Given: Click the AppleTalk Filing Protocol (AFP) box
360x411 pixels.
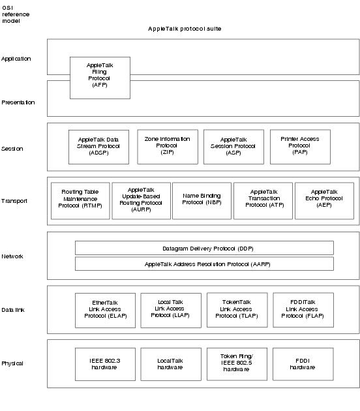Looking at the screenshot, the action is pos(100,78).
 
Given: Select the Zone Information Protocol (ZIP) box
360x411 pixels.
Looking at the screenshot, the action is pos(168,147).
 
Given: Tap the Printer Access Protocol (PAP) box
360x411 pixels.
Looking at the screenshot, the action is pos(300,147).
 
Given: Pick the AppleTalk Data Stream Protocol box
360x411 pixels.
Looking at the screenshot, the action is pos(98,147).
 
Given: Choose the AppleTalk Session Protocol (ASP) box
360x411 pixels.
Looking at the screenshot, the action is pos(233,147).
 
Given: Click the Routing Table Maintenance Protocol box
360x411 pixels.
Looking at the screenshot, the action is pos(80,201).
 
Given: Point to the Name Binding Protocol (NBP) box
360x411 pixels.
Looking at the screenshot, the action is pos(202,201).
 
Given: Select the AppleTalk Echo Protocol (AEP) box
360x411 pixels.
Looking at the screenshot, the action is pos(324,201).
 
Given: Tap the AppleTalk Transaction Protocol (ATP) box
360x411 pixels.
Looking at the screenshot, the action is pos(263,201).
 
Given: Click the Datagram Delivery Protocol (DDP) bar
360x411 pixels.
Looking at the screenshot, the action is pos(204,248).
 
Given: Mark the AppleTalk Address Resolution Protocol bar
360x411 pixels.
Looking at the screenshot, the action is pos(204,264).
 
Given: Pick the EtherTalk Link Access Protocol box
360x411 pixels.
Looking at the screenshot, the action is pos(106,311).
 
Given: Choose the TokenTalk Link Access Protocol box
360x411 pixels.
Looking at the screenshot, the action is pos(237,310).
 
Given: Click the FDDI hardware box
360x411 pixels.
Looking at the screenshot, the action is pos(303,364).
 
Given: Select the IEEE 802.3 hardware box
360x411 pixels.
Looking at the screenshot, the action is pos(106,364).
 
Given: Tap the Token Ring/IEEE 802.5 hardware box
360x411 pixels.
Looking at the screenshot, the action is pos(237,364).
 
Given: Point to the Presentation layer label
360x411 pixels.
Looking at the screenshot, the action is pos(18,102).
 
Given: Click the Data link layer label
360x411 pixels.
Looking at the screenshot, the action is pos(13,310).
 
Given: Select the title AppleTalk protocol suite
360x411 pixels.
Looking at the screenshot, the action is pos(185,29).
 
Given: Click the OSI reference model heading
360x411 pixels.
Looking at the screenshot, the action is pos(16,14).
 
